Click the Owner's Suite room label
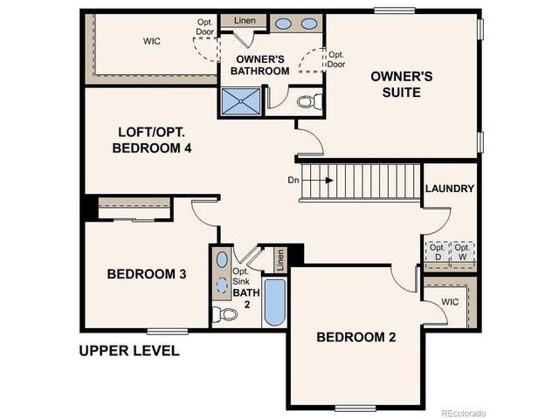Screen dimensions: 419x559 tap(402, 84)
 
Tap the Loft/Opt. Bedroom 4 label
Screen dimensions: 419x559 tap(152, 141)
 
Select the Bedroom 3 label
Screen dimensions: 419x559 tap(147, 274)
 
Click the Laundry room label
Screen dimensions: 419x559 tap(450, 189)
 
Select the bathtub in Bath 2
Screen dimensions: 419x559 tap(274, 302)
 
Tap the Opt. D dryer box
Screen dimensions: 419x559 tap(436, 253)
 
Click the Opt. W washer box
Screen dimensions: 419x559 tap(463, 253)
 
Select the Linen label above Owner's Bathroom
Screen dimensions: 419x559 tap(244, 20)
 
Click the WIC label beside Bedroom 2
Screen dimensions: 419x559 tap(450, 301)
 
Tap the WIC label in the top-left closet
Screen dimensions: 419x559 tap(152, 40)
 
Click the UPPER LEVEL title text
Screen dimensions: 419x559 tap(129, 351)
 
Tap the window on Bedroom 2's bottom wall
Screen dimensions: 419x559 tap(355, 408)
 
